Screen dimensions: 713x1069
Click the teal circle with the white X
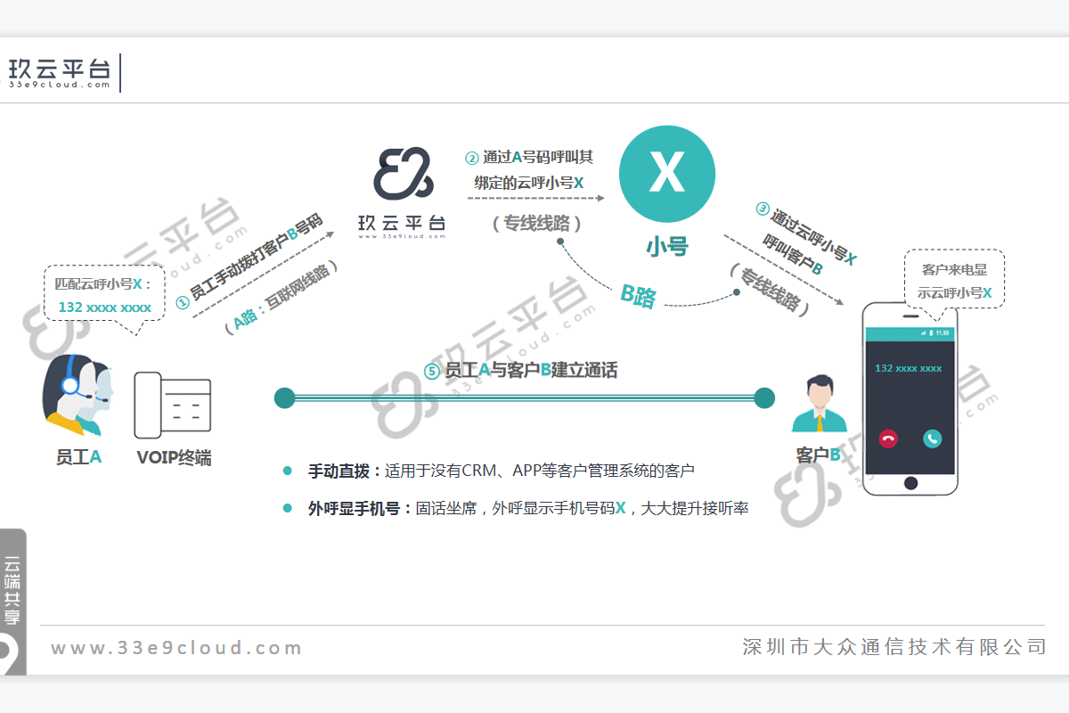click(666, 174)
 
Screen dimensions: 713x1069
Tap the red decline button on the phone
click(888, 438)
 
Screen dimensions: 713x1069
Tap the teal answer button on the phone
click(932, 438)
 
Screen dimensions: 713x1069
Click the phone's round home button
click(910, 483)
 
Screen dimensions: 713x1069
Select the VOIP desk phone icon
click(173, 406)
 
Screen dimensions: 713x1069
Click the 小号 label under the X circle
click(667, 246)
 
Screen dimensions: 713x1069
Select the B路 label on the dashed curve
click(639, 295)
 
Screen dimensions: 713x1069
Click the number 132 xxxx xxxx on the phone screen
click(909, 368)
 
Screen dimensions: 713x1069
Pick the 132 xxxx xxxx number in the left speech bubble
click(105, 307)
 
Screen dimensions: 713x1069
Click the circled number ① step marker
click(182, 302)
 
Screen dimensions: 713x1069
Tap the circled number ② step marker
click(472, 159)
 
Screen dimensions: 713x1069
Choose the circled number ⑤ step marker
click(432, 372)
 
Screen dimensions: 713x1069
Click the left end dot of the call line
click(284, 398)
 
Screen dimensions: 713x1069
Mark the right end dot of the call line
click(764, 398)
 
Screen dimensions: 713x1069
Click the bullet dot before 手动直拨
click(287, 471)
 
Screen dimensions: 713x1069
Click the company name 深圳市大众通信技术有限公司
click(894, 647)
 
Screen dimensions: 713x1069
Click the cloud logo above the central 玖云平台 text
click(403, 175)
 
